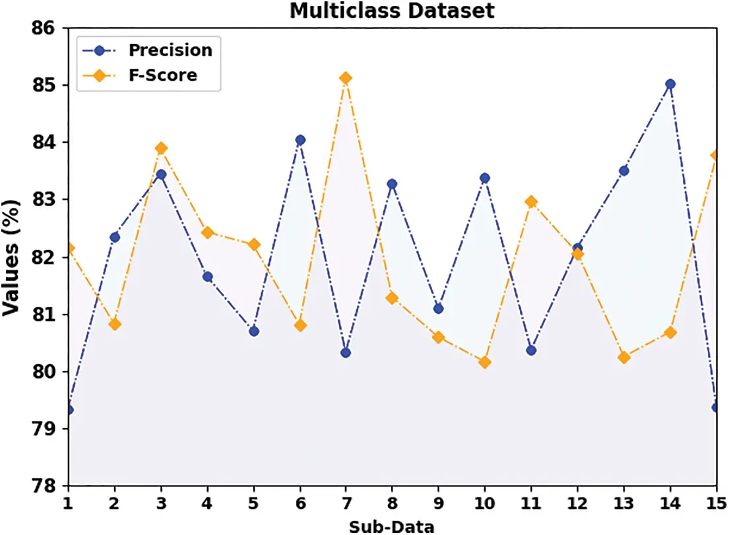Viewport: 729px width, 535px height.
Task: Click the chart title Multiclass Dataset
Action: pyautogui.click(x=392, y=10)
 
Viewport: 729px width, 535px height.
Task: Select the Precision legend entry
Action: pyautogui.click(x=170, y=50)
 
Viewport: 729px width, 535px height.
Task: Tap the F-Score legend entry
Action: pyautogui.click(x=162, y=75)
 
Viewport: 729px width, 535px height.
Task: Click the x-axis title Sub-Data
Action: pyautogui.click(x=392, y=526)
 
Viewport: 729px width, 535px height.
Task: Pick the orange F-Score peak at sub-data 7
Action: pyautogui.click(x=346, y=79)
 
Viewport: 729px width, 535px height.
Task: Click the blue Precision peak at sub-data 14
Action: pyautogui.click(x=670, y=84)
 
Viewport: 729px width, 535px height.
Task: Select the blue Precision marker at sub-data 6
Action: pyautogui.click(x=300, y=140)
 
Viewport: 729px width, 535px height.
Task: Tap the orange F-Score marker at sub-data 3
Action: pyautogui.click(x=161, y=148)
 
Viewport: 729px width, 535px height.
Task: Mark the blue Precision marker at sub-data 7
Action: pyautogui.click(x=346, y=353)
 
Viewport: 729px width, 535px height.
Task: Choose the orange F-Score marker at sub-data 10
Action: pyautogui.click(x=485, y=362)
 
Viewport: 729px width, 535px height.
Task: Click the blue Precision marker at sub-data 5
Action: pyautogui.click(x=254, y=331)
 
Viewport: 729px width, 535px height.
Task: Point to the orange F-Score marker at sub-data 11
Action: pyautogui.click(x=531, y=202)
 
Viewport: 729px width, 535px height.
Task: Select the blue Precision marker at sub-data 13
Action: pyautogui.click(x=623, y=171)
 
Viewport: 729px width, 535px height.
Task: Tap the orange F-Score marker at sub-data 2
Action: pyautogui.click(x=115, y=324)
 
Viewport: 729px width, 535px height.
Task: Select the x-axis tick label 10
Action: pyautogui.click(x=485, y=503)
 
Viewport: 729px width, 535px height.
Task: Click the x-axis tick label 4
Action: pyautogui.click(x=207, y=503)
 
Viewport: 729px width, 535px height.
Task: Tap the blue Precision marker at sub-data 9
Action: pyautogui.click(x=439, y=309)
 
